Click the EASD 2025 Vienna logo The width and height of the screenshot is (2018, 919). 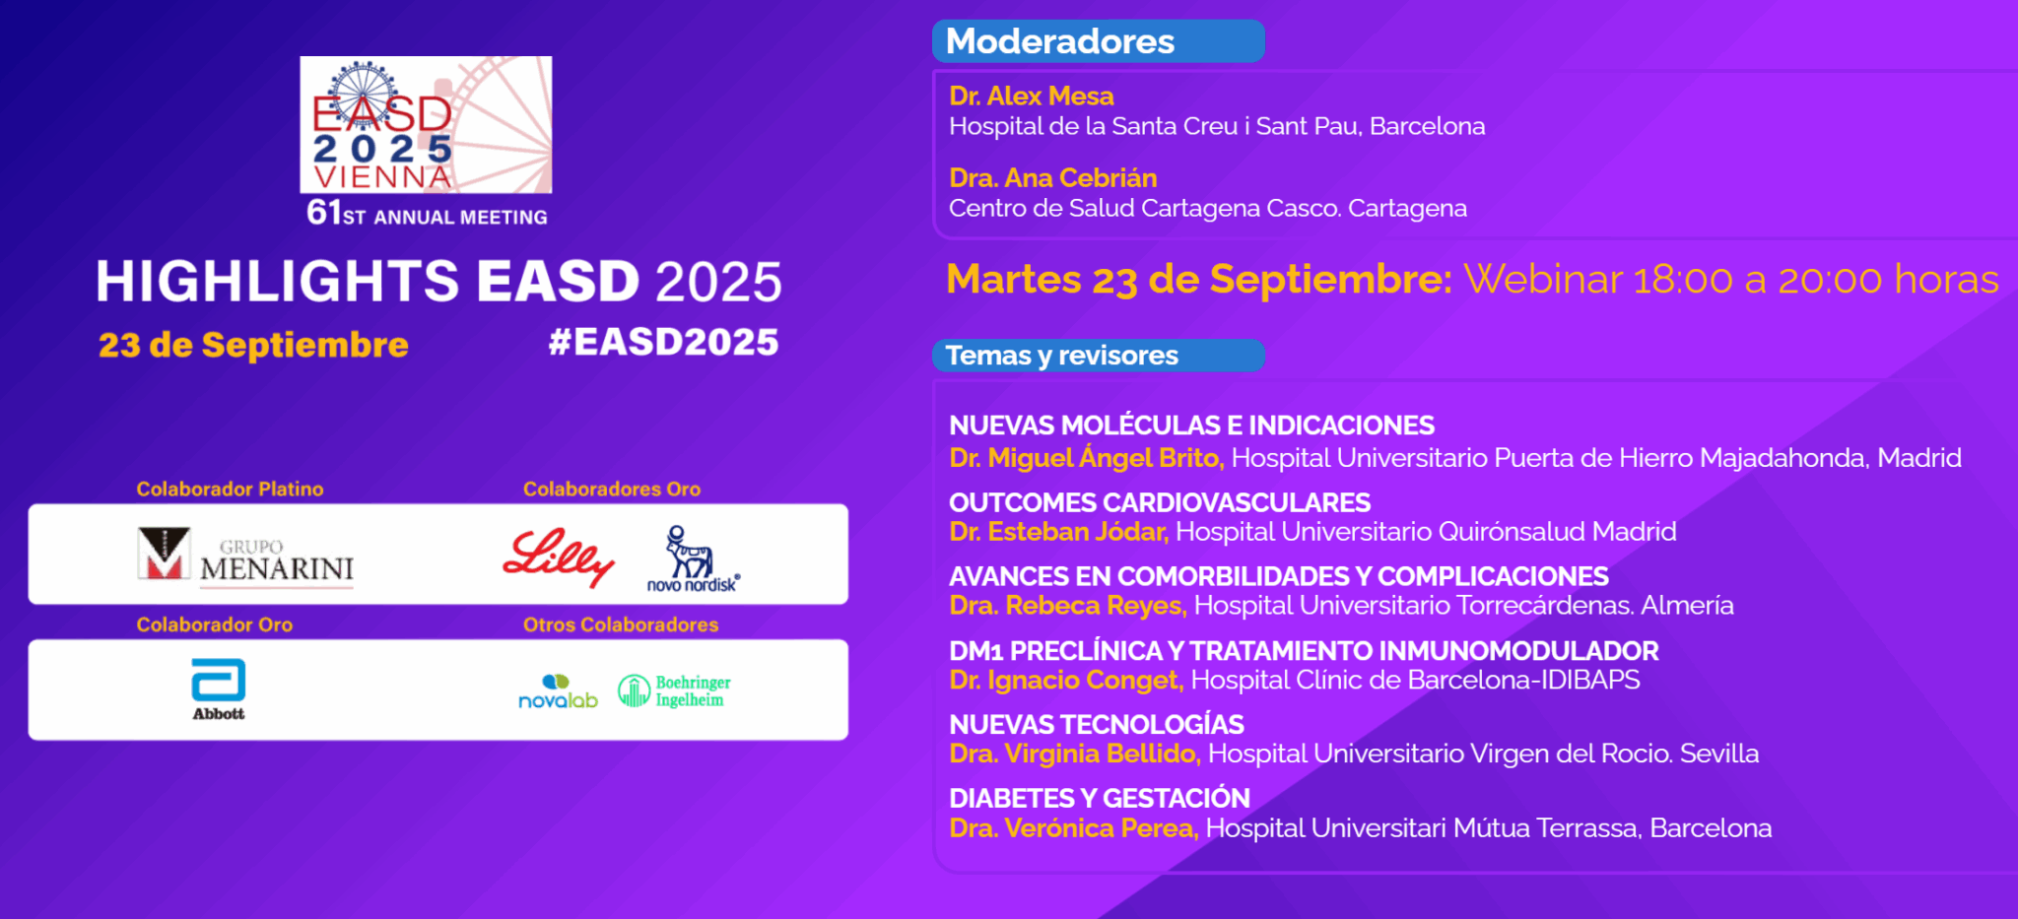tap(426, 125)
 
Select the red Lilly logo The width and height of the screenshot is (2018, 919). tap(558, 557)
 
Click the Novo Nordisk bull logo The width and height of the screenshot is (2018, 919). tap(693, 558)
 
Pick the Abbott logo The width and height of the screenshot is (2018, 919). tap(218, 689)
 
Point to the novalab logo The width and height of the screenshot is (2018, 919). tap(558, 691)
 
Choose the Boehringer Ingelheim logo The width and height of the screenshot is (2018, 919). tap(675, 691)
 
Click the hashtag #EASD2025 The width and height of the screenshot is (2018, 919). tap(663, 342)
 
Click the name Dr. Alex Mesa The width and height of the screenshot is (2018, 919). tap(1031, 97)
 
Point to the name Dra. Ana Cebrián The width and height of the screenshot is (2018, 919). tap(1052, 178)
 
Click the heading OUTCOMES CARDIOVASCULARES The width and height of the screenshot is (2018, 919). tap(1159, 502)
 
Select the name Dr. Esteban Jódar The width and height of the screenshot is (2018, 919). tap(1058, 532)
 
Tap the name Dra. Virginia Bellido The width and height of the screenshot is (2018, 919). tap(1074, 754)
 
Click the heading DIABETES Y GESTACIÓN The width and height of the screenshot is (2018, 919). tap(1099, 798)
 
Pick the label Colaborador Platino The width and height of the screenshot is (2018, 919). tap(230, 489)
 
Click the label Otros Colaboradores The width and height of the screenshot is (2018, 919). tap(621, 624)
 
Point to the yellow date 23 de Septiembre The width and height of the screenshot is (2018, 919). tap(253, 345)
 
